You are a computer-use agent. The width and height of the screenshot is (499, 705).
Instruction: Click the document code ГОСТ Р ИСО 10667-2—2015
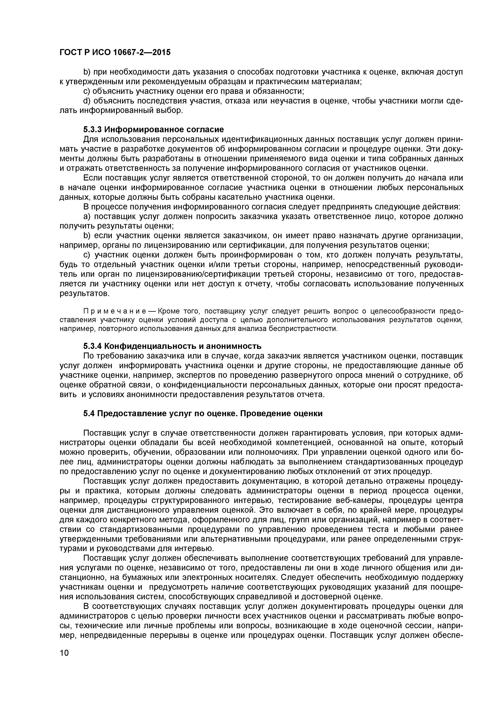point(115,52)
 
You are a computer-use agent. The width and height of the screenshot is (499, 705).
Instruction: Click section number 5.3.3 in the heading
point(93,129)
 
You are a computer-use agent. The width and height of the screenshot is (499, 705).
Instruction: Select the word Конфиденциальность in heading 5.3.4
point(150,346)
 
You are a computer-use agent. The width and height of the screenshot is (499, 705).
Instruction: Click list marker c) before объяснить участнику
point(87,91)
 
